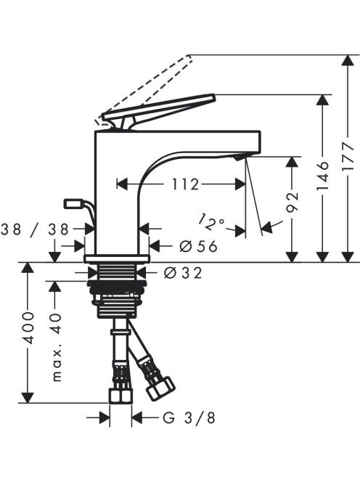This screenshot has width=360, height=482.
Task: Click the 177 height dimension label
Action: click(348, 158)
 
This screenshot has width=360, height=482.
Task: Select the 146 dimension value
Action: click(322, 175)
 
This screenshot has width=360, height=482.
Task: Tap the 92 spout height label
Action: click(292, 203)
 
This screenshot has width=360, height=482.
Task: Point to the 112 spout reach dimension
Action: click(185, 184)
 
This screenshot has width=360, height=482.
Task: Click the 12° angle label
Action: click(211, 223)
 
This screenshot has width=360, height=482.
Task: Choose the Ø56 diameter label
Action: click(199, 246)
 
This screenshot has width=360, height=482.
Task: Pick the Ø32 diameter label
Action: click(183, 272)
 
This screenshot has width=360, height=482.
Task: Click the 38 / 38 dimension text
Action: click(34, 229)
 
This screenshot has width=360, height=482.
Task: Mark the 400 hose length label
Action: click(28, 327)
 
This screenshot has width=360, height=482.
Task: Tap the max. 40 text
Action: click(57, 348)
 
